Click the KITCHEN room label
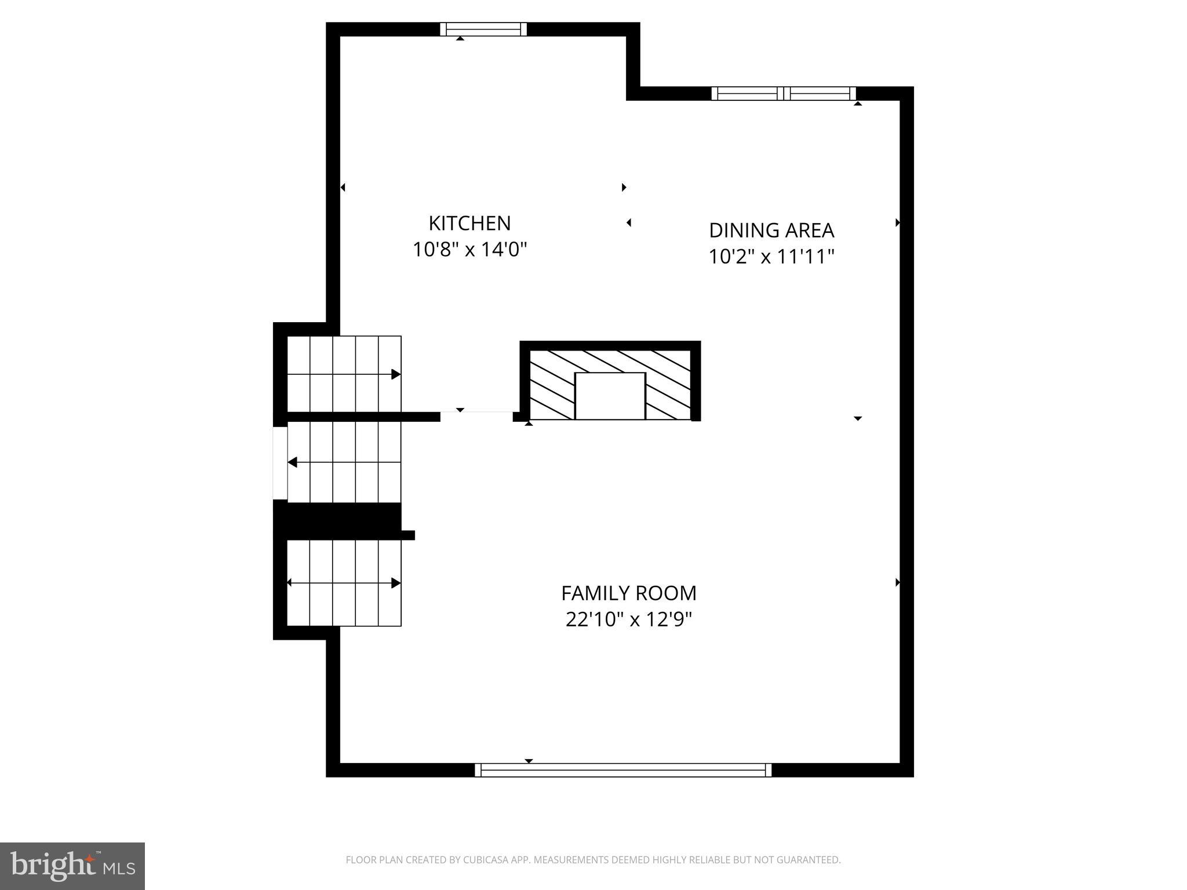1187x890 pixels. pyautogui.click(x=469, y=223)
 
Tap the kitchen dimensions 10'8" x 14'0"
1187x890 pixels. pyautogui.click(x=469, y=250)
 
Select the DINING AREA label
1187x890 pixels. pyautogui.click(x=771, y=230)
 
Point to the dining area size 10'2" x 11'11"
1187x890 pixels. pyautogui.click(x=771, y=256)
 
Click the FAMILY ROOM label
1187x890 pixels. pyautogui.click(x=629, y=593)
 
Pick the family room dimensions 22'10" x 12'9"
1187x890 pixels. pyautogui.click(x=629, y=619)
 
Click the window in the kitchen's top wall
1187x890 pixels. pyautogui.click(x=483, y=29)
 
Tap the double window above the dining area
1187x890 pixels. pyautogui.click(x=784, y=93)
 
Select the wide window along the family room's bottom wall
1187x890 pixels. pyautogui.click(x=623, y=770)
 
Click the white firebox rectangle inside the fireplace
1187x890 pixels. pyautogui.click(x=610, y=396)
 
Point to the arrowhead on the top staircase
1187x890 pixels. pyautogui.click(x=396, y=374)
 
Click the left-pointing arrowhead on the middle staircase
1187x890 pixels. pyautogui.click(x=293, y=462)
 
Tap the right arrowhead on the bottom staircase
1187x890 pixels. pyautogui.click(x=396, y=583)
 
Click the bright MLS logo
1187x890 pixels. pyautogui.click(x=72, y=866)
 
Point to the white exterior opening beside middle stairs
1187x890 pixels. pyautogui.click(x=280, y=462)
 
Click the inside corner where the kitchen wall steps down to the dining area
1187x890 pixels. pyautogui.click(x=633, y=94)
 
